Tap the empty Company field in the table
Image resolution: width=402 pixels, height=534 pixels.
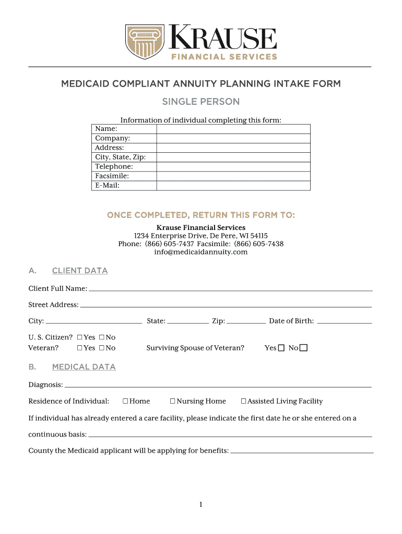[233, 138]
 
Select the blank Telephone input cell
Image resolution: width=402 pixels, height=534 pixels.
[233, 166]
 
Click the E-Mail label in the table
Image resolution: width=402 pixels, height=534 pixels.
[107, 185]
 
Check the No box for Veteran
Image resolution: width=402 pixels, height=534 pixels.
[101, 348]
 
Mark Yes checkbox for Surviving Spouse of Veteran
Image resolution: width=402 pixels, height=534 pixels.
[281, 348]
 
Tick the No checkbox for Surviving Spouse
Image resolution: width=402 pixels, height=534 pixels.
[304, 348]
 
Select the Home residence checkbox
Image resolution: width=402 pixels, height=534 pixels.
[125, 401]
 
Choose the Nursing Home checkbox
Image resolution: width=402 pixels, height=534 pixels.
[172, 401]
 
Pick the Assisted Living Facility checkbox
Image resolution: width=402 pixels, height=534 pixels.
[243, 401]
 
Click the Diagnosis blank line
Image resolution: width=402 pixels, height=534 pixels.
[218, 385]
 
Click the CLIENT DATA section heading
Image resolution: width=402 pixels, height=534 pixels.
[80, 271]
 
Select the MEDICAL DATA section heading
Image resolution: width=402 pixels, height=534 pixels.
[84, 367]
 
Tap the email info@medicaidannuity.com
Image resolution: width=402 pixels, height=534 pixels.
[201, 252]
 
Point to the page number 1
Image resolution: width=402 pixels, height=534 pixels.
[200, 505]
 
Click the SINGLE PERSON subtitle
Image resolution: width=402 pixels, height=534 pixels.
[201, 102]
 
